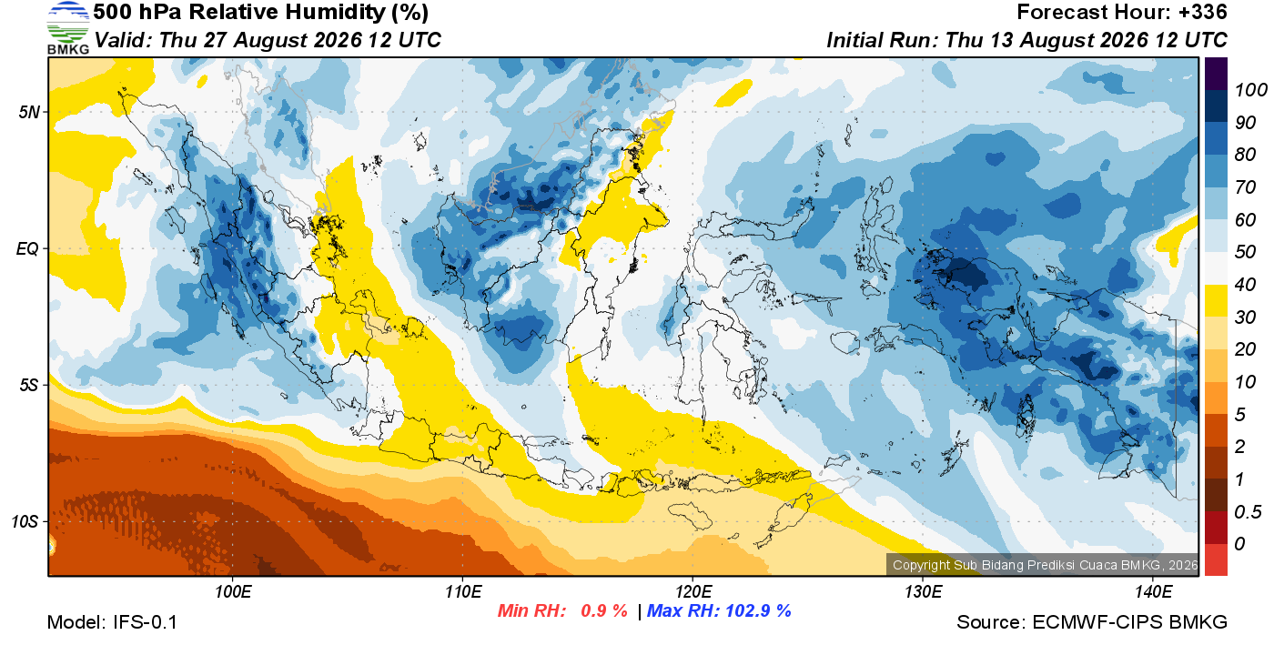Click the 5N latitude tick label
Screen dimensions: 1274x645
[29, 113]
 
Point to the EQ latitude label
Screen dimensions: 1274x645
[27, 249]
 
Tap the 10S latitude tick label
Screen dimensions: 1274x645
[24, 521]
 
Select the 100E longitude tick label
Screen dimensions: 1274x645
[233, 592]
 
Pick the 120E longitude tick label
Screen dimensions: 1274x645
[693, 592]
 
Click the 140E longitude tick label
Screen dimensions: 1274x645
[1153, 592]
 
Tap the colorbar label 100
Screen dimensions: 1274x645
[1250, 90]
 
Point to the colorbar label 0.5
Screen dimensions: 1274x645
[1248, 512]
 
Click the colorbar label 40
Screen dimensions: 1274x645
[1245, 285]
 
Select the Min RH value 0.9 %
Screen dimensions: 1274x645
[604, 610]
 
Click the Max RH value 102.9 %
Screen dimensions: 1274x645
[758, 610]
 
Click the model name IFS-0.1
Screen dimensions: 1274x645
[145, 622]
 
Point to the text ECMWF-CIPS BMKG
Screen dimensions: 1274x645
[1129, 622]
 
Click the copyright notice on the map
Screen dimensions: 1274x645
[1046, 565]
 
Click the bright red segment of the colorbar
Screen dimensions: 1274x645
[1216, 559]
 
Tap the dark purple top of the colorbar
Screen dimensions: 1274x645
[1216, 74]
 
